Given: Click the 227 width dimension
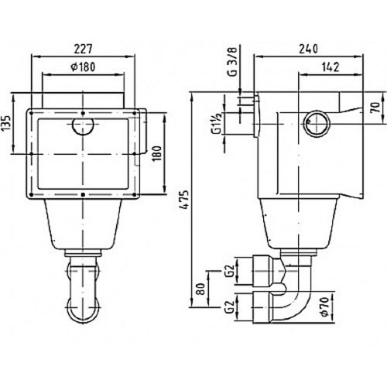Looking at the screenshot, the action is point(83,49).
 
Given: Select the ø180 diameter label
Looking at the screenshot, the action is point(83,67).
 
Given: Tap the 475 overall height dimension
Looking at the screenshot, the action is point(184,200).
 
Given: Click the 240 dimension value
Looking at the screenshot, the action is point(308,49).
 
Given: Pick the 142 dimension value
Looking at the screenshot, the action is point(330,67).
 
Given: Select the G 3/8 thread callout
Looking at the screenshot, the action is point(232,62).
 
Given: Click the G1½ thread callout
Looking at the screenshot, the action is point(216,123).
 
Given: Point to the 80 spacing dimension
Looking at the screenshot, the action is point(200,289).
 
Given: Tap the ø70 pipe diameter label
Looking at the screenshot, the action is point(325,307).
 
